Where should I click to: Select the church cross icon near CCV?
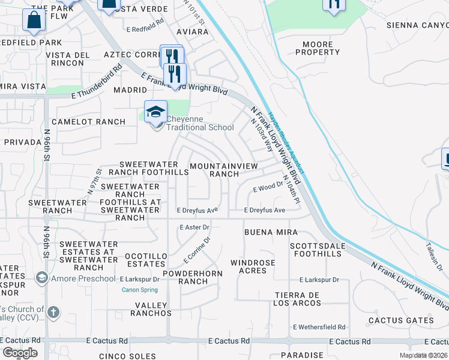pyautogui.click(x=53, y=312)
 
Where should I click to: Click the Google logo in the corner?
pyautogui.click(x=20, y=353)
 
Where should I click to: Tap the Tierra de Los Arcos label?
pyautogui.click(x=298, y=299)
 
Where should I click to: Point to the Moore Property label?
pyautogui.click(x=318, y=48)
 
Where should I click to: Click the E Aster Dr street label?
pyautogui.click(x=194, y=227)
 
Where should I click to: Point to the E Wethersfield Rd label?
pyautogui.click(x=319, y=327)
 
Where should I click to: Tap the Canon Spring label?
pyautogui.click(x=139, y=290)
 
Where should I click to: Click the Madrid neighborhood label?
pyautogui.click(x=130, y=90)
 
